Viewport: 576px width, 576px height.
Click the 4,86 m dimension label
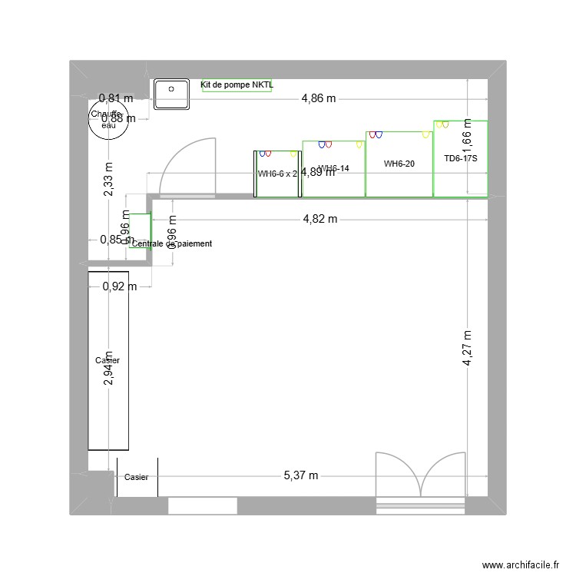(319, 98)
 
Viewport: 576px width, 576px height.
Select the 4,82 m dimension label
(319, 219)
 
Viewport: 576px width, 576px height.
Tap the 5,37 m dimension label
(300, 476)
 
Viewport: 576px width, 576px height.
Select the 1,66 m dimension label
(468, 141)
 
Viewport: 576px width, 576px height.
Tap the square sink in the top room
(172, 94)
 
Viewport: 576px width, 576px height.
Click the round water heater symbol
(108, 121)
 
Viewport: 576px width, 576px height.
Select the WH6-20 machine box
(399, 164)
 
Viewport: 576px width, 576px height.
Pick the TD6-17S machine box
(460, 159)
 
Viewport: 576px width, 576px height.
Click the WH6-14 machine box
(333, 169)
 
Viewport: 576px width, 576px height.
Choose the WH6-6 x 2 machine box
(277, 174)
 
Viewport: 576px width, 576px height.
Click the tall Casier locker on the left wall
(108, 360)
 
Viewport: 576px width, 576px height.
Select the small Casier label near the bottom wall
(136, 477)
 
